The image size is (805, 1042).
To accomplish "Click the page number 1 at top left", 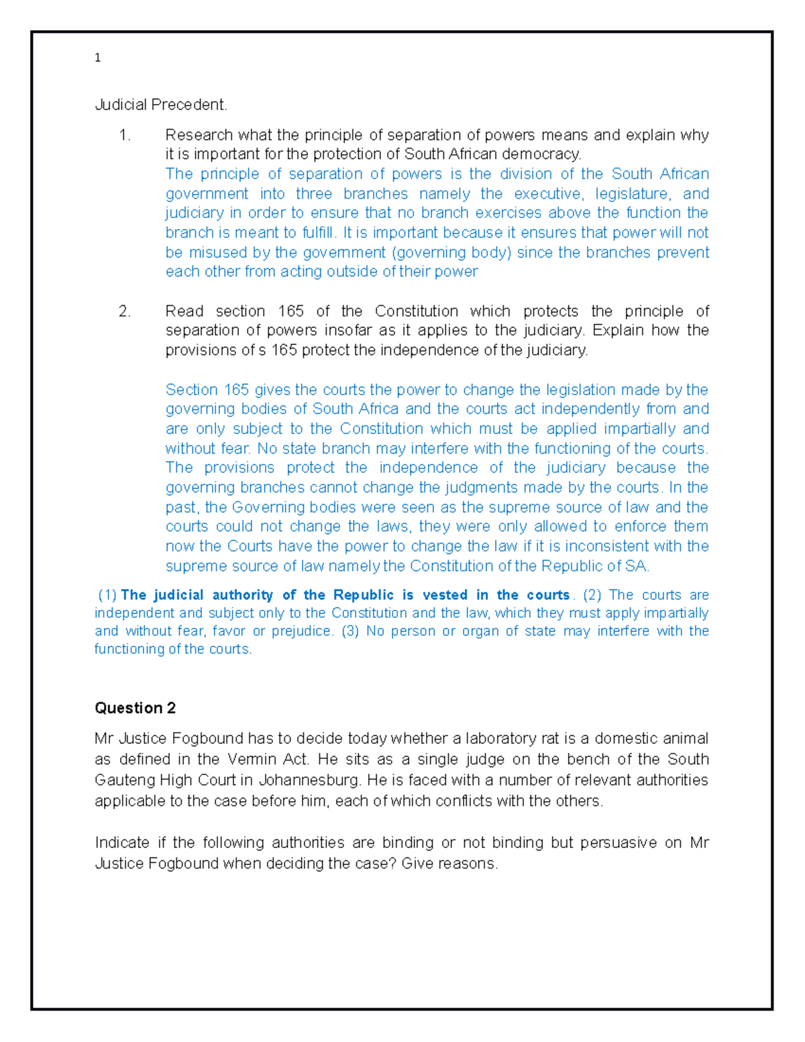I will click(98, 58).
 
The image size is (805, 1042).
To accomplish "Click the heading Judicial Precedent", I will click(161, 105).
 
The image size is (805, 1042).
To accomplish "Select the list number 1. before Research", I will click(125, 135).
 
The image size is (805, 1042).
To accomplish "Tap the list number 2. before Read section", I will click(125, 311).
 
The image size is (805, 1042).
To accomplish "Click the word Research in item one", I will click(199, 135).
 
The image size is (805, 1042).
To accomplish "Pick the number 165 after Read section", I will click(290, 311).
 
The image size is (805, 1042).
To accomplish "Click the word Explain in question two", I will click(618, 330).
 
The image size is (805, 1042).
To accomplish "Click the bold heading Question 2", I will click(135, 708).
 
